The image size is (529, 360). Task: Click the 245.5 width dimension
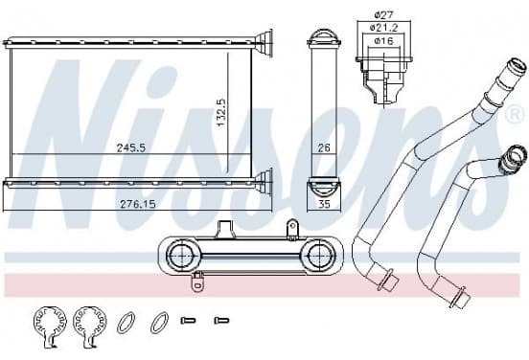click(131, 148)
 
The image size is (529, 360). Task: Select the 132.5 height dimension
click(221, 113)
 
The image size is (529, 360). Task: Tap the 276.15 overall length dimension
click(138, 204)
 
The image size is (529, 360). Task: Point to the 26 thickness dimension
click(324, 147)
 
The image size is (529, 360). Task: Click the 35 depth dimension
click(324, 204)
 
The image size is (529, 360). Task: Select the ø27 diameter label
click(384, 14)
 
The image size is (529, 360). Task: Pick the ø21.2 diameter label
click(384, 28)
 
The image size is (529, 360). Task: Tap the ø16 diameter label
click(384, 41)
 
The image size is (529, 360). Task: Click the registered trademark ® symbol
click(515, 115)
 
